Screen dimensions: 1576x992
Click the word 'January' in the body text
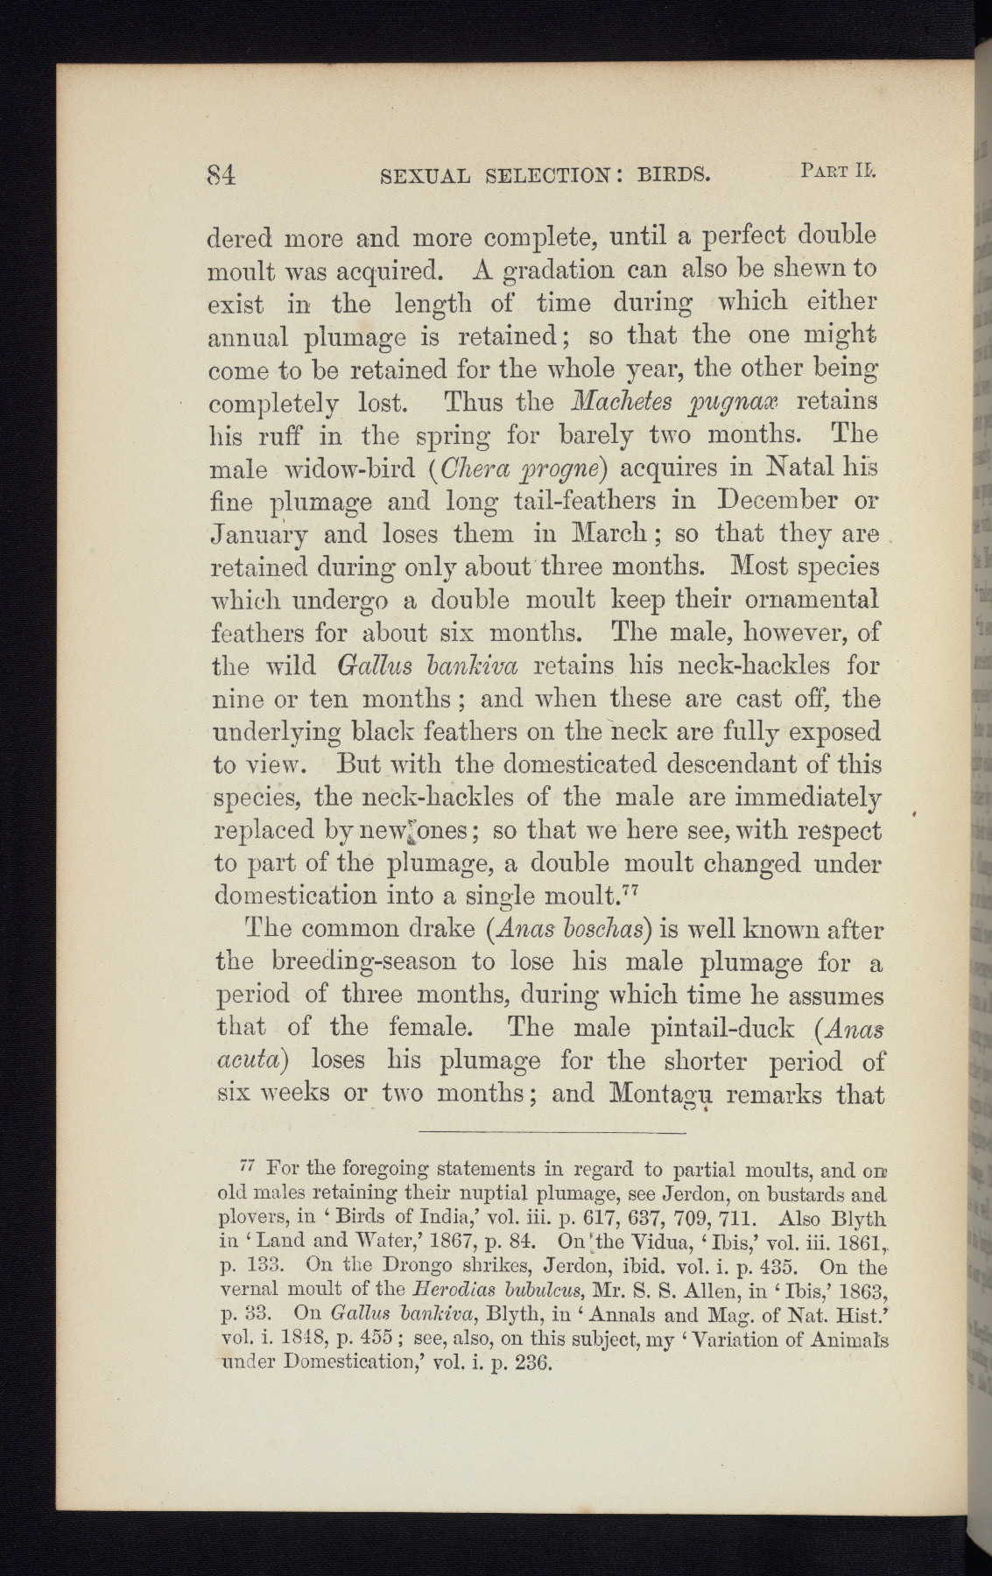click(x=259, y=536)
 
